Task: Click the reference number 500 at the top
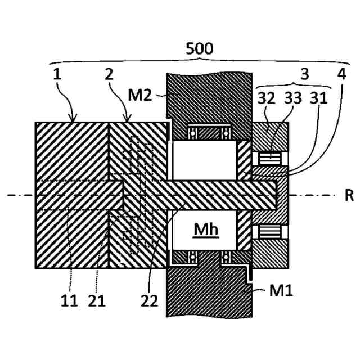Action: pos(200,48)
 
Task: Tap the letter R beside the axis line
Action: pos(348,196)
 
